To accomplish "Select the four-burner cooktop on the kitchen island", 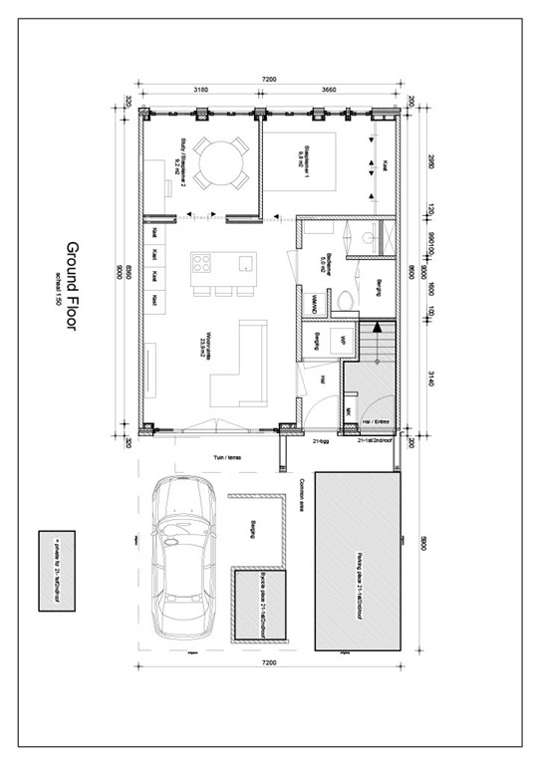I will tap(201, 265).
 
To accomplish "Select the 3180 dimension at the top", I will tap(199, 88).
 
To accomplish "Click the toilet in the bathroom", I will tap(345, 298).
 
